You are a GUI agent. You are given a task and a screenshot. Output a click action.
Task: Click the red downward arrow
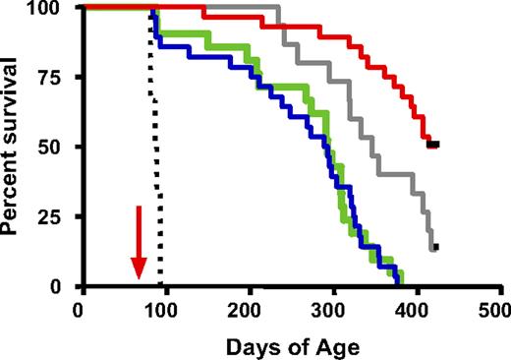click(139, 242)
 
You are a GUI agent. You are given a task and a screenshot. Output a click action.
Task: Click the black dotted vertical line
click(155, 148)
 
